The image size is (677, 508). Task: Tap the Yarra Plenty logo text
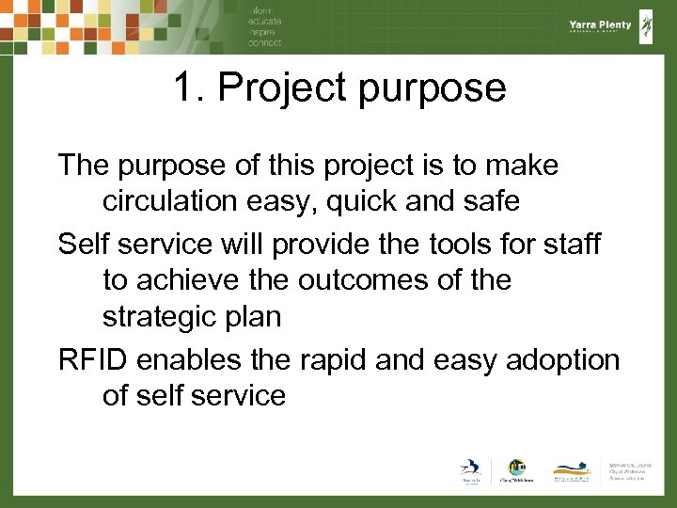(x=600, y=25)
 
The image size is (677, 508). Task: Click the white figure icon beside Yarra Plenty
(x=647, y=26)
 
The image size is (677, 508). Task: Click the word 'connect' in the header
(x=264, y=42)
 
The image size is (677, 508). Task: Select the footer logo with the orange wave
(x=572, y=470)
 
